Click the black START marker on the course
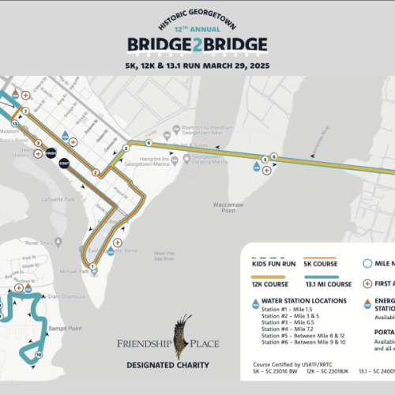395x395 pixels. [65, 164]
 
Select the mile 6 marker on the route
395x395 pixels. [148, 143]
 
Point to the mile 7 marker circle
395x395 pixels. [25, 111]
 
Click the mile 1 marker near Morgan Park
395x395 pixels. [93, 266]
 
